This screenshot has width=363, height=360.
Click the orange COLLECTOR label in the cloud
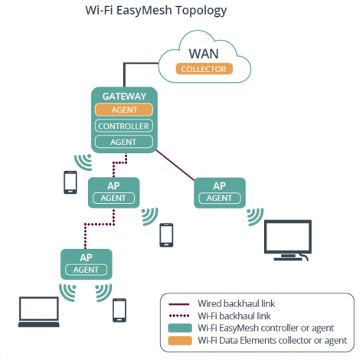point(204,69)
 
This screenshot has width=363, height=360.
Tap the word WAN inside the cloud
point(204,54)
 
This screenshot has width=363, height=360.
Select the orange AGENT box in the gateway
point(124,110)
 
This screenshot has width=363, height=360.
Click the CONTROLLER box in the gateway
point(124,126)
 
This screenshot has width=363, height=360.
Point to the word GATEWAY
point(124,97)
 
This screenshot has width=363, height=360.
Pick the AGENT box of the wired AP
point(220,198)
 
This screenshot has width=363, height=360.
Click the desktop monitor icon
point(288,240)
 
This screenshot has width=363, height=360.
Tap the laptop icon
point(39,312)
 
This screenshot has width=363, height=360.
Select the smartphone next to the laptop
point(119,310)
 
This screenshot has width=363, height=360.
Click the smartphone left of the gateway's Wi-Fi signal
point(70,182)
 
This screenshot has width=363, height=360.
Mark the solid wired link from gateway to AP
point(175,165)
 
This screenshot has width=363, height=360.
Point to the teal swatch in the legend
point(180,328)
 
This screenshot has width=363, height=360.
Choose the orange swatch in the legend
point(180,341)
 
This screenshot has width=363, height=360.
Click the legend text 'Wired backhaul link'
point(237,303)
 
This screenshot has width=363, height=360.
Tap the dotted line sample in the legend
point(179,316)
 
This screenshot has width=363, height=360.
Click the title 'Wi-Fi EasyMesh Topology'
point(156,11)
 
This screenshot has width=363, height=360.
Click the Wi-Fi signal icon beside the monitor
point(255,217)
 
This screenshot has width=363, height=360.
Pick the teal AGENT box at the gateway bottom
point(124,142)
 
